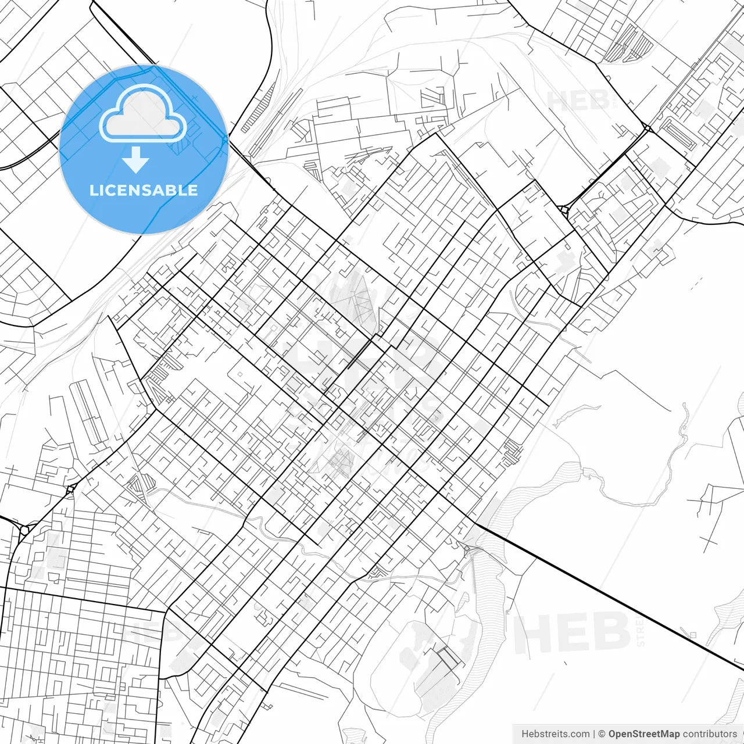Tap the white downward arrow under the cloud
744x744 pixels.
(136, 160)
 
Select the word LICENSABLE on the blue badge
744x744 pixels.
(144, 190)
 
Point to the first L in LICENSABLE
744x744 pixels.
(93, 190)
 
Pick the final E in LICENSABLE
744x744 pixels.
(192, 190)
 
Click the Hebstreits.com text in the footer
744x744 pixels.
(555, 734)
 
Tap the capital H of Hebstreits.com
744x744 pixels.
(525, 734)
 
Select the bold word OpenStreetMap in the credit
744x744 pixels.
(643, 734)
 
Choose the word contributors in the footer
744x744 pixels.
(709, 734)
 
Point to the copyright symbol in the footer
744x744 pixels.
(602, 734)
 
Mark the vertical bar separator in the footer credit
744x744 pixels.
(594, 734)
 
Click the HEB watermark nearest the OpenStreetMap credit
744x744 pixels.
(573, 632)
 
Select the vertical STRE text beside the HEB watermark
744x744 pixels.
(641, 632)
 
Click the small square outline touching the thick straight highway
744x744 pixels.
(692, 635)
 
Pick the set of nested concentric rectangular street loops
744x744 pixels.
(679, 134)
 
